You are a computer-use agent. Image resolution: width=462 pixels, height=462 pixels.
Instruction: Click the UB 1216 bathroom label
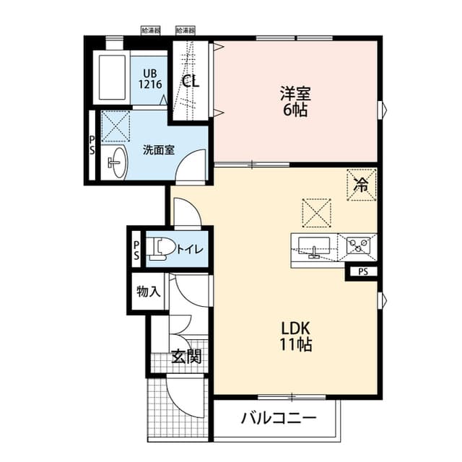[x=149, y=78]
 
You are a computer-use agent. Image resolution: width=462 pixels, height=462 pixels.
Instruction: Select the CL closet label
[x=190, y=81]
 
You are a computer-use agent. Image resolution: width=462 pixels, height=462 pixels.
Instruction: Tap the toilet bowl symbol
[x=158, y=250]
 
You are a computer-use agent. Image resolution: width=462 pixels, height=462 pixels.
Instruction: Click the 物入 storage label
[x=148, y=292]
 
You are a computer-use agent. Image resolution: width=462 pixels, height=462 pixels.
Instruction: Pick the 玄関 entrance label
[x=186, y=356]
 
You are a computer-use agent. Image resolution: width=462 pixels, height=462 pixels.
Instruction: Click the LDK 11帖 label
[x=296, y=336]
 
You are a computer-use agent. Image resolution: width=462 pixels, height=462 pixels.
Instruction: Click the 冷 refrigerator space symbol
[x=362, y=183]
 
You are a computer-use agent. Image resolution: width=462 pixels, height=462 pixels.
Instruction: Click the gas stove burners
[x=359, y=245]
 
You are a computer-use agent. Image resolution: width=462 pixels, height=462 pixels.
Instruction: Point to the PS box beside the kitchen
[x=363, y=272]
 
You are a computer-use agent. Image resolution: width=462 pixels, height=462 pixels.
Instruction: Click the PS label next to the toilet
[x=136, y=249]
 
